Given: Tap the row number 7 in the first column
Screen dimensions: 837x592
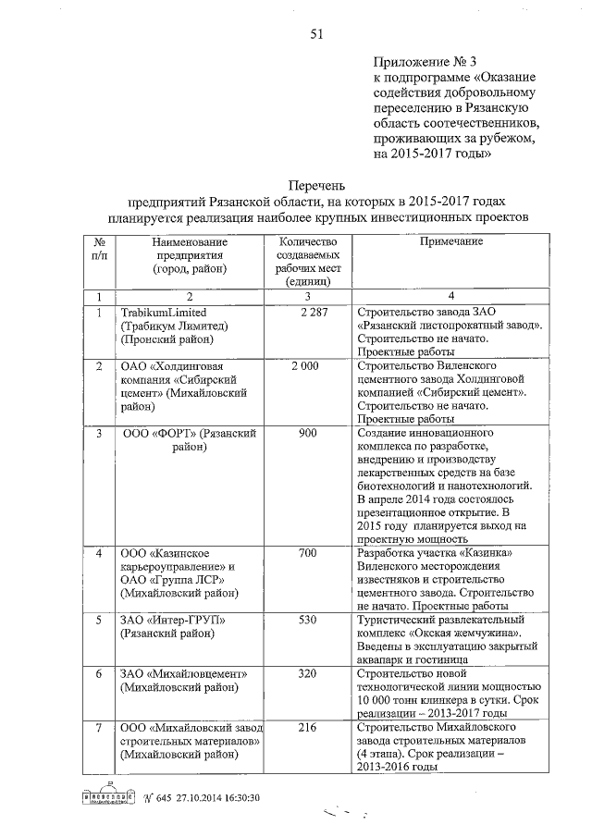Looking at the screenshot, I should tap(99, 728).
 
